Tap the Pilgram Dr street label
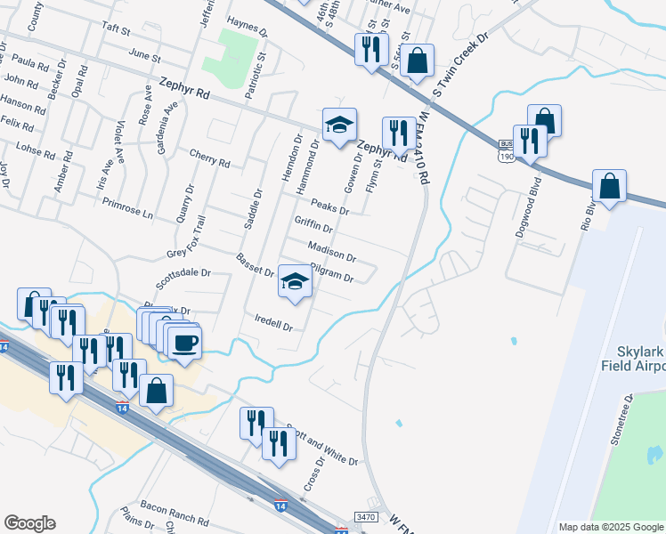pos(332,272)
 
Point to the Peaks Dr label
pos(329,205)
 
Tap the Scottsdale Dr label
pos(183,279)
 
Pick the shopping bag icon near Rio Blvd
pos(609,187)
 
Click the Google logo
pos(29,523)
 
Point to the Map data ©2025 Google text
pos(610,527)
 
